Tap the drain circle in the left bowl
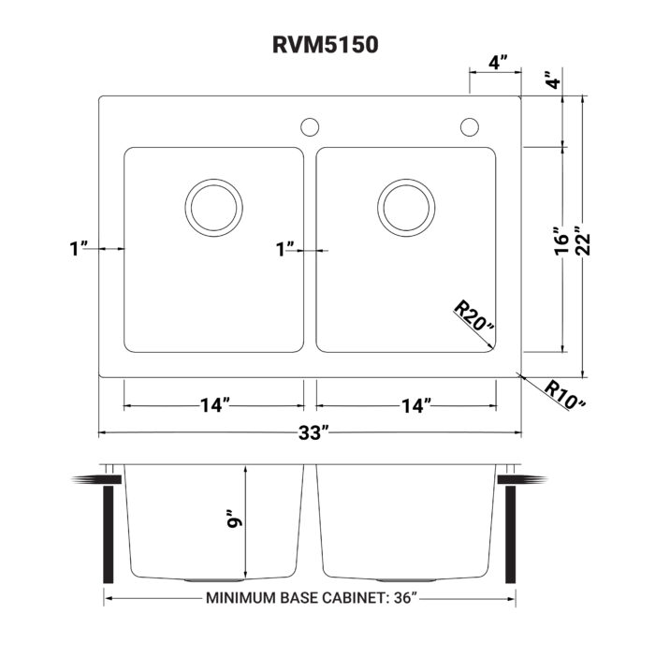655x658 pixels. tap(213, 207)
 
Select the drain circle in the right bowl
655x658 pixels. tap(407, 207)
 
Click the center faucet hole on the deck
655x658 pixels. tap(309, 126)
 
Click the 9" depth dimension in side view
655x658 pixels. tap(234, 519)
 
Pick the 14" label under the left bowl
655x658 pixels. tap(214, 406)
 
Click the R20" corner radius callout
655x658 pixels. tap(473, 318)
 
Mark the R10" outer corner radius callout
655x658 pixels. tap(565, 394)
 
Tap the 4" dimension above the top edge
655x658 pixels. tap(498, 64)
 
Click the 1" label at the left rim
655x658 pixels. tap(79, 249)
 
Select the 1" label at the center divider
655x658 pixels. tap(285, 249)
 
